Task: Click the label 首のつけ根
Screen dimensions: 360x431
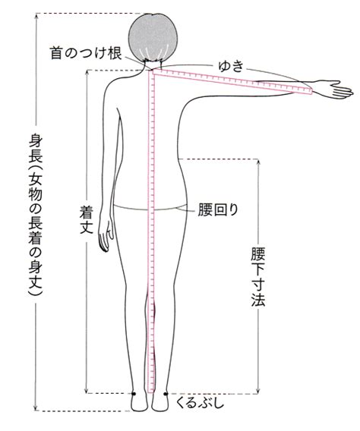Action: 86,53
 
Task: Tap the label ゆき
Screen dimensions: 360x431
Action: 231,66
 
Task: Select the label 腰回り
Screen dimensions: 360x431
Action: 218,209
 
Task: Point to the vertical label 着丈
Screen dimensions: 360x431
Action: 87,220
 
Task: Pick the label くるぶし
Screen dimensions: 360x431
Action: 200,404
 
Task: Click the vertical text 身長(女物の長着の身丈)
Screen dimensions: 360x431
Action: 36,215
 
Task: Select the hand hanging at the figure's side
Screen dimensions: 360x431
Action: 105,236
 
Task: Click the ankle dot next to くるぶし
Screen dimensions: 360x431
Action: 166,394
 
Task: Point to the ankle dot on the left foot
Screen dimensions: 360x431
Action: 134,394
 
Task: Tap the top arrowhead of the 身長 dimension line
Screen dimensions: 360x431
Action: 36,16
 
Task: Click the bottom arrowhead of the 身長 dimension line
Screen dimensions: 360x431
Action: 36,408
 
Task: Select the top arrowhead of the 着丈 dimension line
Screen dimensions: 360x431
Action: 87,73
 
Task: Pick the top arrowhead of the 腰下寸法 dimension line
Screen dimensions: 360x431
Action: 258,162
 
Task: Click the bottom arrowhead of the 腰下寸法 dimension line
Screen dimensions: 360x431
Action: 258,390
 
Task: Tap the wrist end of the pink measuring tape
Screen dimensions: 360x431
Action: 311,91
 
